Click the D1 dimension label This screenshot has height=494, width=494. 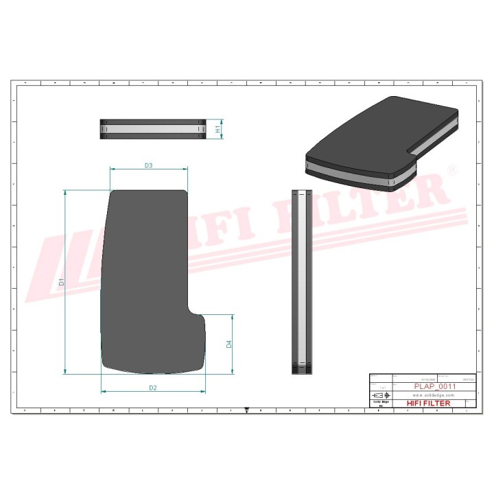(x=61, y=282)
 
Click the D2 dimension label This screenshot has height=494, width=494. (x=153, y=388)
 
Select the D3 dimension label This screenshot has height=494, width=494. (x=148, y=165)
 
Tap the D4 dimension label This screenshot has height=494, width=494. (x=229, y=344)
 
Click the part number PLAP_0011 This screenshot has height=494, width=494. (x=435, y=387)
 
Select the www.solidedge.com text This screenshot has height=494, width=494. (x=435, y=396)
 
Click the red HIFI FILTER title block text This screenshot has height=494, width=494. (x=429, y=403)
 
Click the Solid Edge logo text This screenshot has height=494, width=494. (x=380, y=403)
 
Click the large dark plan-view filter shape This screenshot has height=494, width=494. (x=144, y=274)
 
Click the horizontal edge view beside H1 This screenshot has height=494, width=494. (x=153, y=129)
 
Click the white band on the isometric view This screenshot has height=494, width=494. (x=350, y=175)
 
